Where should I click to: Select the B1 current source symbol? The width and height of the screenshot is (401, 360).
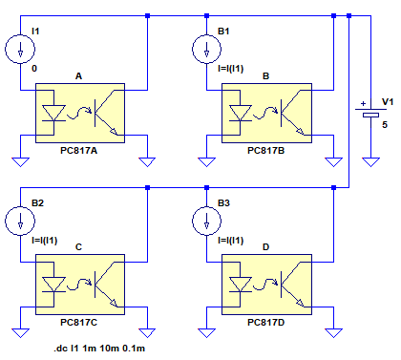pos(206,50)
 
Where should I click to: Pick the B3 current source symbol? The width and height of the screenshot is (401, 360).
pos(206,221)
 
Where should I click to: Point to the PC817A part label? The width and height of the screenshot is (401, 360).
pos(78,150)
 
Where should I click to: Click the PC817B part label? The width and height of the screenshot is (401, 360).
pos(265,150)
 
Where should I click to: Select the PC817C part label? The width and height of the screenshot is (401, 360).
pos(78,322)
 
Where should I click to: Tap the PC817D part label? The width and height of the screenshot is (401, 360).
pos(265,322)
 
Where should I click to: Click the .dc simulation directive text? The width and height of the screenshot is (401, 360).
pos(99,349)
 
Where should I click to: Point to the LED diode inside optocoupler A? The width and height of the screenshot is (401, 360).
pos(53,114)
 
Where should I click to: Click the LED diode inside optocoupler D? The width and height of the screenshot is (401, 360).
pos(241,285)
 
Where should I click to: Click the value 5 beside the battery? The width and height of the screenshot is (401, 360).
pos(385,124)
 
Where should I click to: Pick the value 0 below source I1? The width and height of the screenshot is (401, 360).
pos(34,68)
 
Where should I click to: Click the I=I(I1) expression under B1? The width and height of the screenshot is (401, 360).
pos(231,69)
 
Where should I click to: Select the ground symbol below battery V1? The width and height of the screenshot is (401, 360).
pos(370,162)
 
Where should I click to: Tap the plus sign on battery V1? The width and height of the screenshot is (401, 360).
pos(363,103)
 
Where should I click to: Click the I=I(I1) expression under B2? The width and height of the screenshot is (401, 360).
pos(45,241)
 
